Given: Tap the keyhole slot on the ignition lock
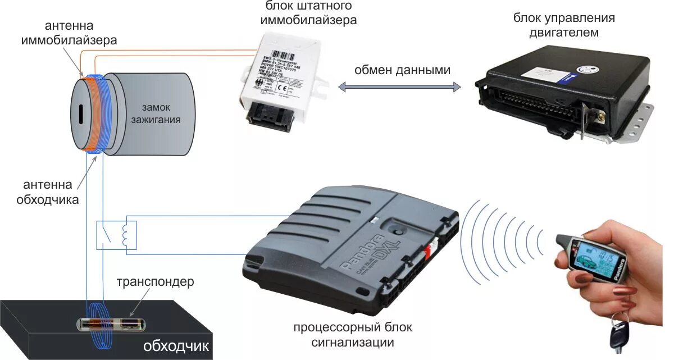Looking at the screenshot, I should tap(80, 115).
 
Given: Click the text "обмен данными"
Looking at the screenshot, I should tap(402, 70).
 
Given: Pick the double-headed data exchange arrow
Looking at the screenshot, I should tap(399, 87).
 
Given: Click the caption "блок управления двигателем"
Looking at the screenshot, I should tap(563, 25).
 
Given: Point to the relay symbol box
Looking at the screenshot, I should tap(116, 235).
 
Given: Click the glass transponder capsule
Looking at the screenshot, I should tap(110, 324).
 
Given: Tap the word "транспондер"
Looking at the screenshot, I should tap(154, 281).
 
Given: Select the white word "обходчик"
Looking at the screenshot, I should tap(176, 346).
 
